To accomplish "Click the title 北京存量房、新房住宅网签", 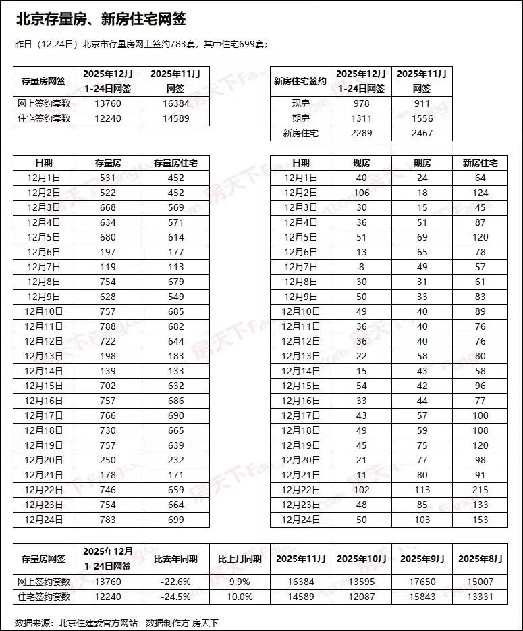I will tap(101, 19).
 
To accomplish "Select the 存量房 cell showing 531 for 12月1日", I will tap(108, 178).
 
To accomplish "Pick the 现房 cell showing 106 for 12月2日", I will tap(361, 193).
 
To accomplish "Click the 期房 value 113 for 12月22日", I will tap(422, 490).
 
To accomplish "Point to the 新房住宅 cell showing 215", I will tap(480, 490).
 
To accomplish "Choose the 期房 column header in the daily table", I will tap(422, 163).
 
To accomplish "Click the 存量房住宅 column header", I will tap(175, 163).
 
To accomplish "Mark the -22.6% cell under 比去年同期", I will tap(175, 582).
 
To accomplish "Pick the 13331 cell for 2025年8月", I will tap(480, 597).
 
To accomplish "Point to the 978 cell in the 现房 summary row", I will tap(361, 103).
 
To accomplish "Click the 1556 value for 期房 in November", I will tap(422, 118).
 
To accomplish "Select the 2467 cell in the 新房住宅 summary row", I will tap(422, 133).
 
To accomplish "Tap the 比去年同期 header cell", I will tap(175, 559).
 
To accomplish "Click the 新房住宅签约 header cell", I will tap(300, 82).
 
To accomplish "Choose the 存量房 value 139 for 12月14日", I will tap(108, 371).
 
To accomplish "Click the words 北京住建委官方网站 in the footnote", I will tap(98, 622).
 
